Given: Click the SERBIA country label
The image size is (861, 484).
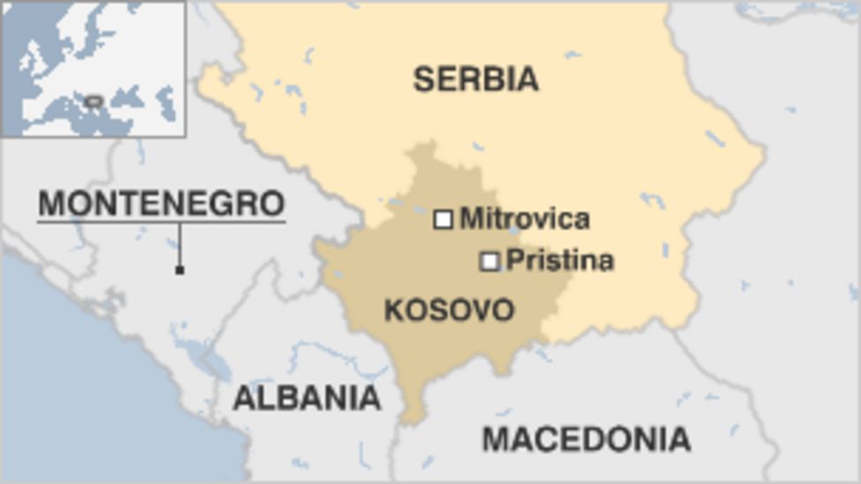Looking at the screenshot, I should [475, 79].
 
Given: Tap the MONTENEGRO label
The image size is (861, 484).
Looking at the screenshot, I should [161, 204].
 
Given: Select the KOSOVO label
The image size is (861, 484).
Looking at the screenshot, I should [449, 310].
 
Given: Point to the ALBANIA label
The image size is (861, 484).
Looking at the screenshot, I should [306, 398].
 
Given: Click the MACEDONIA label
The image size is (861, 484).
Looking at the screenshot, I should [586, 438].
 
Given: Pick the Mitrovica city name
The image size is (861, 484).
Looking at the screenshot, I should [525, 219].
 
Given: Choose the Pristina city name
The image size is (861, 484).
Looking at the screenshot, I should [560, 261].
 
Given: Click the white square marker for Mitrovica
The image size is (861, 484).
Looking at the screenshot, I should [443, 220].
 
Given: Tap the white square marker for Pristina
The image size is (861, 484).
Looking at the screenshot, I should [490, 261].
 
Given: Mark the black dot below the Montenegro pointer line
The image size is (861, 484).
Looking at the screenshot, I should [180, 270].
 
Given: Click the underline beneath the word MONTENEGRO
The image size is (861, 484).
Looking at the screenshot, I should [161, 221].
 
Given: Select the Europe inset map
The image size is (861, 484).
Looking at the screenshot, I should [93, 69].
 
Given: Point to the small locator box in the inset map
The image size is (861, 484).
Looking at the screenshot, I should [94, 102].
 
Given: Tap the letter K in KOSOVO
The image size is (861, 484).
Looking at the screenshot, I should [394, 310].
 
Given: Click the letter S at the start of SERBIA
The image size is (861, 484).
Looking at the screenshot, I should [424, 79].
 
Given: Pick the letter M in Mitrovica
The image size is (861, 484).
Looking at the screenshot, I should [471, 219].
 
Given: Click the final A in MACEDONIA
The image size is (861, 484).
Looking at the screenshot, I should [678, 438].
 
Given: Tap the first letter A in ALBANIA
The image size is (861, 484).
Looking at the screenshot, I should [243, 398].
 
